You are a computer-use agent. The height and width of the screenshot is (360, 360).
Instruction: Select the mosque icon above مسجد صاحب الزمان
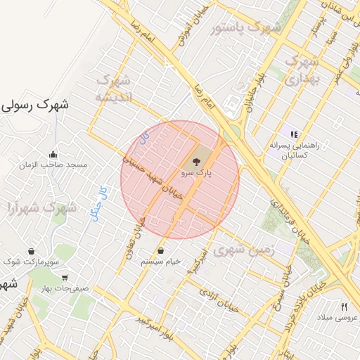53,155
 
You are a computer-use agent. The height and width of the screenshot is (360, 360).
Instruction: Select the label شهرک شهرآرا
41,208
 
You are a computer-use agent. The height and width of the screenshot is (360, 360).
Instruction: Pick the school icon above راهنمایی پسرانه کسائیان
293,134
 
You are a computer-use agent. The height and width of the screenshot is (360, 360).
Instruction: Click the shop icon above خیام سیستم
162,251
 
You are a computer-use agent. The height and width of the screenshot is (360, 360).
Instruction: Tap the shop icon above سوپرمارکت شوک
32,252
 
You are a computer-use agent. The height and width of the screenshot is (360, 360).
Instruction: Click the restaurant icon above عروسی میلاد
344,307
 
